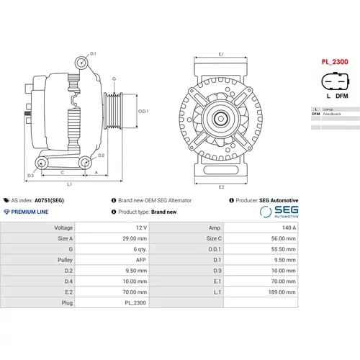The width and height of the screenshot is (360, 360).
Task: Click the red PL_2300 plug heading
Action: point(335,62)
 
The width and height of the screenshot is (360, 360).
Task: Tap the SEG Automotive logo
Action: point(279,212)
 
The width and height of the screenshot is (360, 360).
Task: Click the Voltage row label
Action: point(63,228)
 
